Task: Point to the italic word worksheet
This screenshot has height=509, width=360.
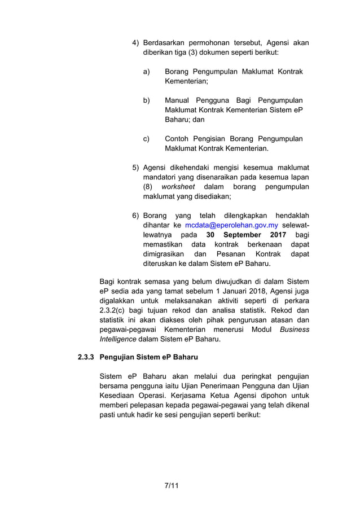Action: coord(178,187)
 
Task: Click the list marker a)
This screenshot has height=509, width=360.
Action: coord(146,72)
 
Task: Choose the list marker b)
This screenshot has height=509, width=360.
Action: coord(146,99)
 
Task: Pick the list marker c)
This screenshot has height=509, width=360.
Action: coord(146,139)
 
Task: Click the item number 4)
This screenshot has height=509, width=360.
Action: coord(136,43)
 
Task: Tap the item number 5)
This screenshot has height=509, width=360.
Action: coord(136,167)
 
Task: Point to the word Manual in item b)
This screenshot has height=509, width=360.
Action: coord(177,99)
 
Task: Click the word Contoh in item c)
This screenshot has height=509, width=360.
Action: coord(178,139)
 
